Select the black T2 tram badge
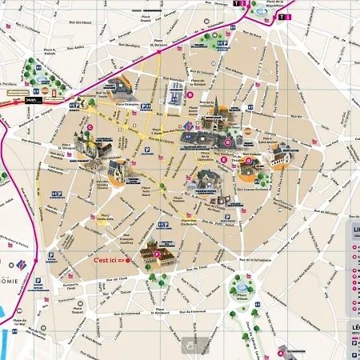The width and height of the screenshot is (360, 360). tap(237, 4)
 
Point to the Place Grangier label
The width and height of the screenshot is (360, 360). tap(126, 103)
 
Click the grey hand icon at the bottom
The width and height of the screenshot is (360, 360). tap(189, 344)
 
